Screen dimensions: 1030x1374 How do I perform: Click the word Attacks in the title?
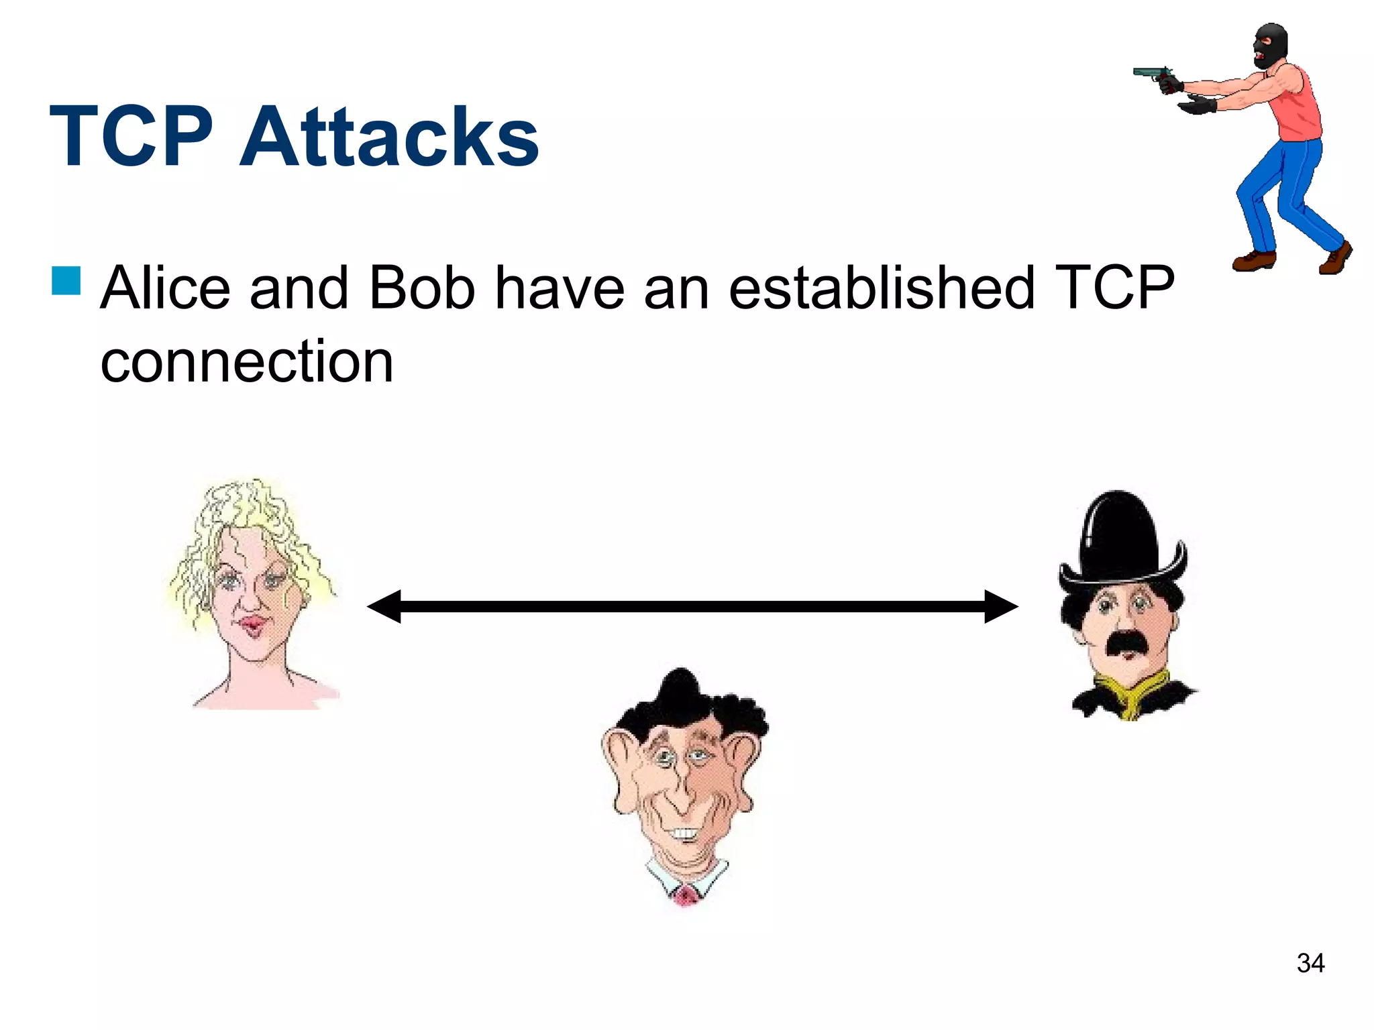pos(389,137)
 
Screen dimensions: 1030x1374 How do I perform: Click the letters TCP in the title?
pos(131,137)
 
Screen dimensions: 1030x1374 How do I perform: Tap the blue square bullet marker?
pos(66,281)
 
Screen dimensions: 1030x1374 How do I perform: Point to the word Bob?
pos(421,288)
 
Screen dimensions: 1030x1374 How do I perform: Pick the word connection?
pos(246,362)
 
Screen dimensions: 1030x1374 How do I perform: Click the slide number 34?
pos(1310,964)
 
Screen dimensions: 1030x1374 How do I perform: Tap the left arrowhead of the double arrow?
pos(385,606)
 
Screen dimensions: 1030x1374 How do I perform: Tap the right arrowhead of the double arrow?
pos(1000,606)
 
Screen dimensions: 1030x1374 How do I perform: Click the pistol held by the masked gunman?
pos(1153,74)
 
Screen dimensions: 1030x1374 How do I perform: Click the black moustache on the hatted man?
pos(1128,642)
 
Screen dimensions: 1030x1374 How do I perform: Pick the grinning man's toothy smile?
pos(684,834)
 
